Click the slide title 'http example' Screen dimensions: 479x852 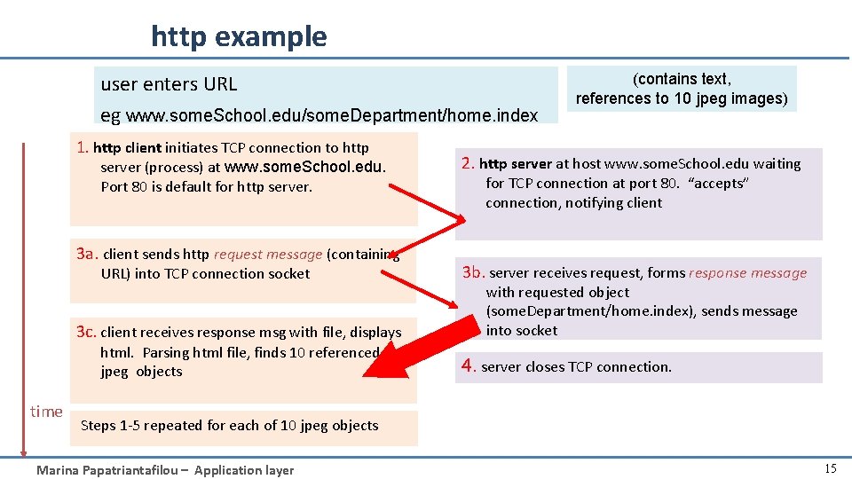239,36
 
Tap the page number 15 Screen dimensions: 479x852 830,469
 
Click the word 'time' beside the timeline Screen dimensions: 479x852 46,411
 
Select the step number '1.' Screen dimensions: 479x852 83,147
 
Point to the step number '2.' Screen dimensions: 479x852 468,163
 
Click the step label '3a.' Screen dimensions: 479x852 88,254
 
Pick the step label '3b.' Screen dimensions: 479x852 474,272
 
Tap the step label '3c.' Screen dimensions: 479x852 87,332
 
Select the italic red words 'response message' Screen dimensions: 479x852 748,273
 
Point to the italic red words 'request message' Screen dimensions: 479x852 268,255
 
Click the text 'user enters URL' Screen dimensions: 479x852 169,84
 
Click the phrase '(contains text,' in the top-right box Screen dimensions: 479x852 682,79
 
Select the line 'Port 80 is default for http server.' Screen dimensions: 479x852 207,187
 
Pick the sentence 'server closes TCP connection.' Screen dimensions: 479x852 576,367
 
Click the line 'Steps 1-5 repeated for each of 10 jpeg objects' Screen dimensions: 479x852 229,426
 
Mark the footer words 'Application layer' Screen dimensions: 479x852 244,470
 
